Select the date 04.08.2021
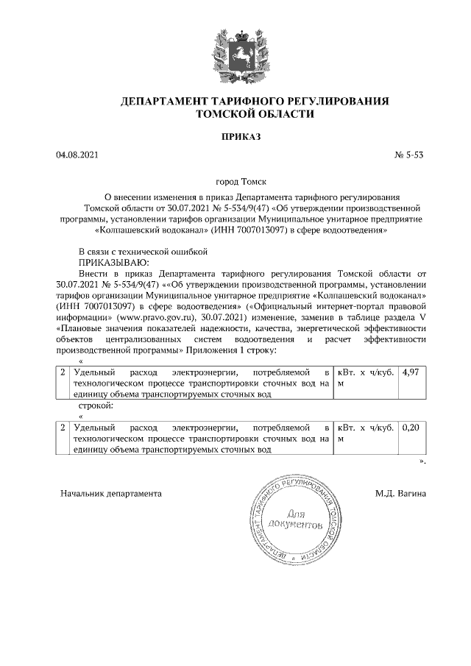[77, 156]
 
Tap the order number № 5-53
[410, 156]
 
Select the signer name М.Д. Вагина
[400, 492]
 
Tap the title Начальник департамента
[110, 492]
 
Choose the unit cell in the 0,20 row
[365, 433]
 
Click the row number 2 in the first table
[63, 373]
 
